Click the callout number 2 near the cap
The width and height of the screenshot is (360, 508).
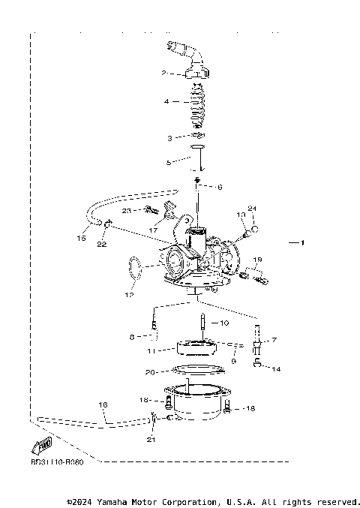pyautogui.click(x=162, y=74)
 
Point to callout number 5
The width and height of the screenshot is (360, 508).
pyautogui.click(x=169, y=161)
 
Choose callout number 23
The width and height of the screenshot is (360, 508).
pyautogui.click(x=127, y=212)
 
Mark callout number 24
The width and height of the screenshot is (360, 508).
pyautogui.click(x=252, y=208)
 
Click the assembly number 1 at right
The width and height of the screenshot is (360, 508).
pyautogui.click(x=304, y=244)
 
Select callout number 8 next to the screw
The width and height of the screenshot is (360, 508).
pyautogui.click(x=132, y=337)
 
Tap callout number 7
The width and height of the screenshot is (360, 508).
pyautogui.click(x=273, y=340)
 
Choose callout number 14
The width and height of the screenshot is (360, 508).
pyautogui.click(x=277, y=368)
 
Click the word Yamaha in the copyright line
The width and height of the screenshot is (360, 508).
pyautogui.click(x=116, y=500)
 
